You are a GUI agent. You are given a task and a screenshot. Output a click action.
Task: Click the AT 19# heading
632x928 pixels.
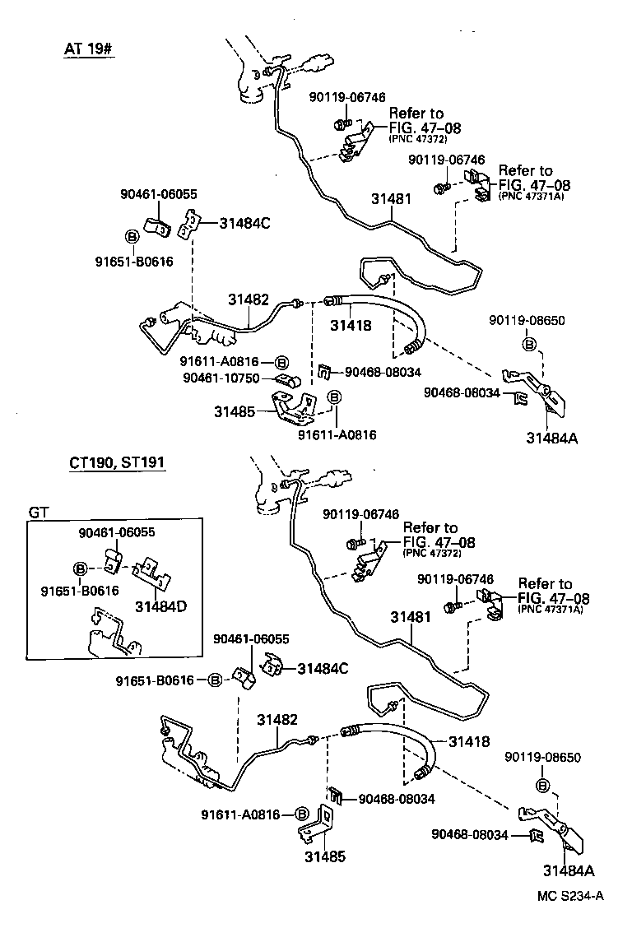(x=88, y=49)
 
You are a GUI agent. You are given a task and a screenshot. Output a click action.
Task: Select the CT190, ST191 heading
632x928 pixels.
(x=117, y=463)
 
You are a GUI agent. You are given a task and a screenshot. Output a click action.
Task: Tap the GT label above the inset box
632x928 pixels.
(x=39, y=511)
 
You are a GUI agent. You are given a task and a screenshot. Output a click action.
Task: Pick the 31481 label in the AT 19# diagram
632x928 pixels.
(x=391, y=199)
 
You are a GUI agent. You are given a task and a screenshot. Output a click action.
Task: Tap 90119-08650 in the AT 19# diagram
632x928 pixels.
(x=527, y=320)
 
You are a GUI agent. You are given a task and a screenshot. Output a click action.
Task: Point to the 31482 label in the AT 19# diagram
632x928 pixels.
(x=249, y=300)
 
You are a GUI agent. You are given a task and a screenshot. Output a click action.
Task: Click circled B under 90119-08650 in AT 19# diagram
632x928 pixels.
(x=531, y=343)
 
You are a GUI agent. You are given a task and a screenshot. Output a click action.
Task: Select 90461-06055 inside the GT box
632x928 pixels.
(x=114, y=533)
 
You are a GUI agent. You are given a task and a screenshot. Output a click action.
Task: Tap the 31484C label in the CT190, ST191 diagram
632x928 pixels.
(x=323, y=668)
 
